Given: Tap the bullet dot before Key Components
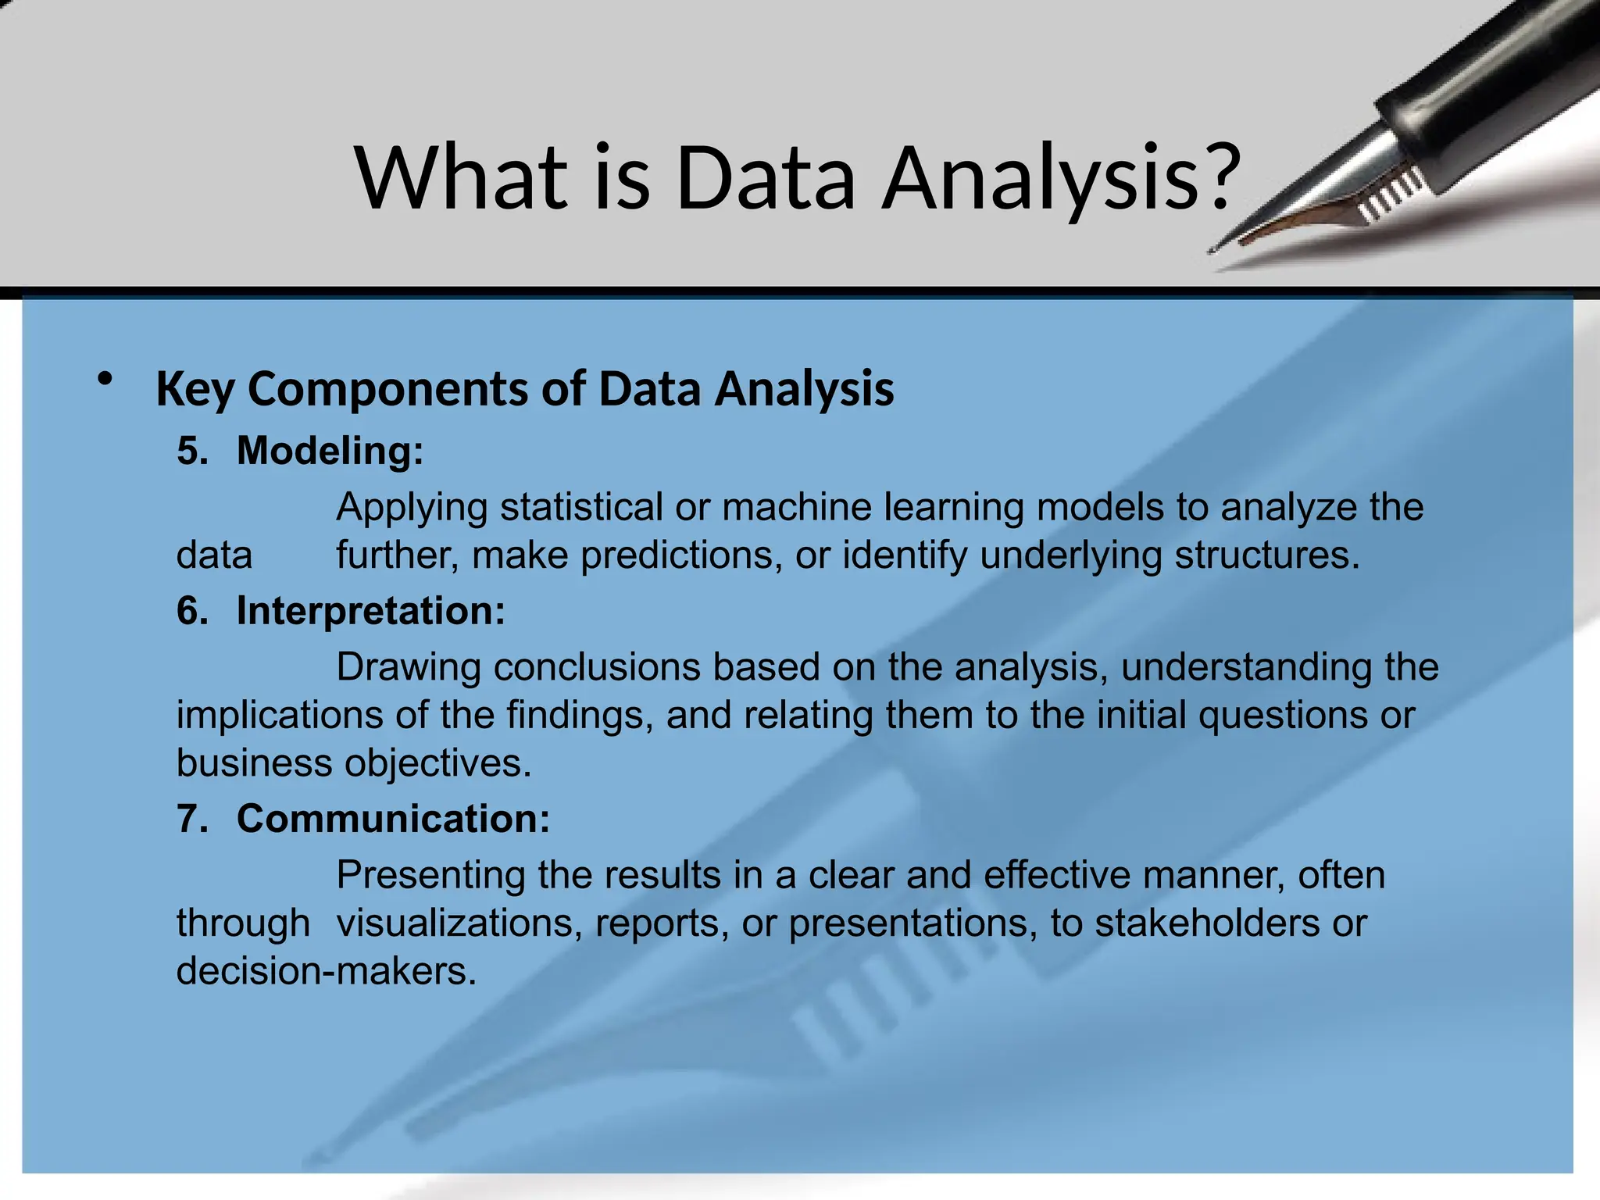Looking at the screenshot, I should pos(105,380).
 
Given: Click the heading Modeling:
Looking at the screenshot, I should pos(330,451).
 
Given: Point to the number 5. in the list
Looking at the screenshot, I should pos(193,451).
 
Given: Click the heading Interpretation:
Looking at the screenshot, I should pos(371,610).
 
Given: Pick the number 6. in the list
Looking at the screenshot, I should pos(193,610).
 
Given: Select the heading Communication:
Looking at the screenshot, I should pos(393,819).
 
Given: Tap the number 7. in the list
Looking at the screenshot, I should pos(193,819).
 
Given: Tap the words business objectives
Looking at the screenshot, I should pos(353,763).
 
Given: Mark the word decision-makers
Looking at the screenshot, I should pos(326,972).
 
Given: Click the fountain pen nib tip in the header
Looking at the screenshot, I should pos(1213,251).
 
